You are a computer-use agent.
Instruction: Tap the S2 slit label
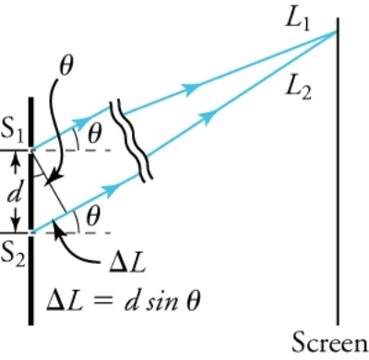click(13, 256)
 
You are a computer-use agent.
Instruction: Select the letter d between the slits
click(15, 194)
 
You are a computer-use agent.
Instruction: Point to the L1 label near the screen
click(297, 21)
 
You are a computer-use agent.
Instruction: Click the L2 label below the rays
click(298, 89)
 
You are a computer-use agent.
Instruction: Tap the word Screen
click(330, 342)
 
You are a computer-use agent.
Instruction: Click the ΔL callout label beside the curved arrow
click(127, 263)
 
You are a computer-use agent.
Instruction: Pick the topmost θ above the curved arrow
click(66, 66)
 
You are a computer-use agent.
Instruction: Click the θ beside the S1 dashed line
click(94, 134)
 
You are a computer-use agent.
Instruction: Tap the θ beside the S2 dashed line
click(93, 216)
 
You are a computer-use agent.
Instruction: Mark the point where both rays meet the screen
click(338, 31)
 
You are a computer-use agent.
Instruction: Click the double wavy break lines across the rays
click(131, 140)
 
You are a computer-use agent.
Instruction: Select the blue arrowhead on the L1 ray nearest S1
click(82, 123)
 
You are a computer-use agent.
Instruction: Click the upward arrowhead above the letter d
click(16, 160)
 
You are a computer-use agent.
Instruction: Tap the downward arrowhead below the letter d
click(16, 224)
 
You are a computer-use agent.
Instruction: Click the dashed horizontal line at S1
click(72, 150)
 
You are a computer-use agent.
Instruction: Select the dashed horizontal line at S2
click(72, 233)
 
